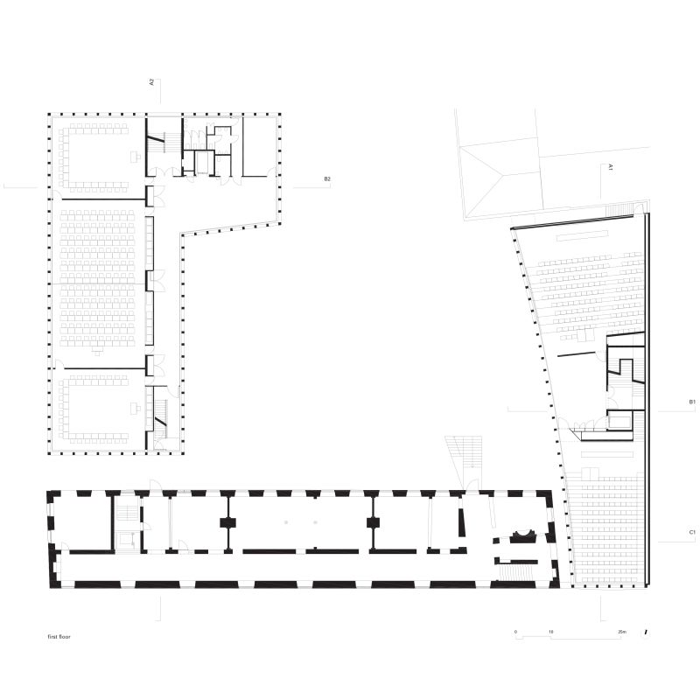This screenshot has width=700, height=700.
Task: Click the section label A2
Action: point(151,82)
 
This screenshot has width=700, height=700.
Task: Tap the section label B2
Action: point(327,179)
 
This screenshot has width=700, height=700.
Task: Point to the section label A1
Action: point(610,167)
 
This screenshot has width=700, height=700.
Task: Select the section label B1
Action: point(692,402)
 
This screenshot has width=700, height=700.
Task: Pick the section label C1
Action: point(692,532)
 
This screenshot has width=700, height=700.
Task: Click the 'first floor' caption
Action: point(59,637)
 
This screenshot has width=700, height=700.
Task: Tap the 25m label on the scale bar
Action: point(622,632)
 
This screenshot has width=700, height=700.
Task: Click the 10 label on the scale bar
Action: point(551,632)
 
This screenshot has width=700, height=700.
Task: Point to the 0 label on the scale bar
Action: point(516,632)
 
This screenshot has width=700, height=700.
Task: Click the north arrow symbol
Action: point(646,633)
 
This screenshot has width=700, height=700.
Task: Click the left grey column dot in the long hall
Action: point(286,521)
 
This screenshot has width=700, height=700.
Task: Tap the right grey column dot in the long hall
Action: point(315,521)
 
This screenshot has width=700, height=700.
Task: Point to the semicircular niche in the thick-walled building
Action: point(525,535)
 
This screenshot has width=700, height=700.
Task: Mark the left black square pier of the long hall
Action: point(228,522)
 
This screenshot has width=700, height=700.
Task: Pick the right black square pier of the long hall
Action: point(373,522)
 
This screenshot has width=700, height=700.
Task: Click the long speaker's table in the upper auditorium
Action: point(583,235)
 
